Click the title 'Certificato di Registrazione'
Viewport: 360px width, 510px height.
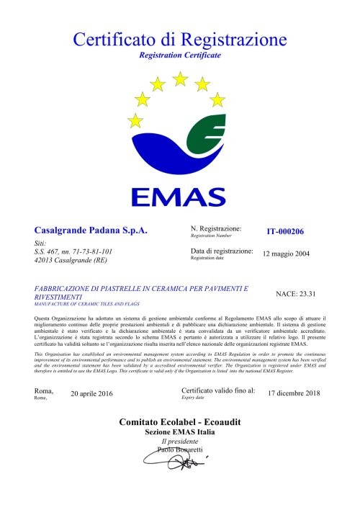[180, 38]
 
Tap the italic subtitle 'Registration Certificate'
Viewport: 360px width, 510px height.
[180, 55]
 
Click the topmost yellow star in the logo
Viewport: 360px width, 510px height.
[180, 77]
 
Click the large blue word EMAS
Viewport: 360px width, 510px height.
[179, 197]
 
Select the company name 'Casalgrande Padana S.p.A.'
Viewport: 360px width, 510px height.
[91, 231]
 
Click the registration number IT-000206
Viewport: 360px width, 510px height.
[285, 232]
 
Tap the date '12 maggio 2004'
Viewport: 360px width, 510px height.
[287, 254]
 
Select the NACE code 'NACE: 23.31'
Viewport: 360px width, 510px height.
[296, 295]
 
